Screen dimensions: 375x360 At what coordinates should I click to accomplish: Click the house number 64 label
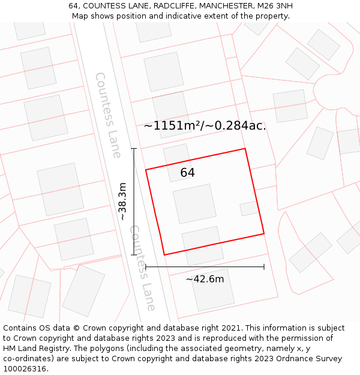pos(187,173)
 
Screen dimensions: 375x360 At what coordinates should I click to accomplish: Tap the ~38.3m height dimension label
pos(123,202)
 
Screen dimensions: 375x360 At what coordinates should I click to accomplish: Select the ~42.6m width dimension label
pos(205,279)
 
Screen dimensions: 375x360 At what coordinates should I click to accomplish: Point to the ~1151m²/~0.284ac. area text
pos(205,126)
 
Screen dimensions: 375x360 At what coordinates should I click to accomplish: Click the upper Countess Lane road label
pos(108,115)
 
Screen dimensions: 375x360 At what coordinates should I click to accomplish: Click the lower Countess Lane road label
pos(143,268)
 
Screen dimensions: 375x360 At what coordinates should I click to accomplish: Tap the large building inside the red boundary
pos(194,203)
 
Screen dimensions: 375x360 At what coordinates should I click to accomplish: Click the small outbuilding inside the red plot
pos(249,208)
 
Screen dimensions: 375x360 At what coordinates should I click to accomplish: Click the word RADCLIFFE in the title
pos(175,6)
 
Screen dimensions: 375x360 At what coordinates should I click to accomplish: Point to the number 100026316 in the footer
pos(26,368)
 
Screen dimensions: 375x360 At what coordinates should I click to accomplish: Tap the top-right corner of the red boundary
pos(245,149)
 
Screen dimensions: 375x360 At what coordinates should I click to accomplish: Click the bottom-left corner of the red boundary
pos(164,255)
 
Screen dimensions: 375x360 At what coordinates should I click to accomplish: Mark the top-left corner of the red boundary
pos(146,170)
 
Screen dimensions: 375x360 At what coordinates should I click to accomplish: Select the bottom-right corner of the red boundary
pos(264,233)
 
